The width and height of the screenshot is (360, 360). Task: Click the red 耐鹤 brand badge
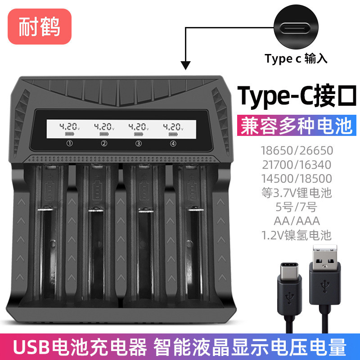39,27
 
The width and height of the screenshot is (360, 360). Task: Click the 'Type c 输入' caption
296,58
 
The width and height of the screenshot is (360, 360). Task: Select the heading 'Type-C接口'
297,95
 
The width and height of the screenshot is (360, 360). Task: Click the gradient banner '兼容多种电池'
297,125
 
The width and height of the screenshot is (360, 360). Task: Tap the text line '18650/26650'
297,150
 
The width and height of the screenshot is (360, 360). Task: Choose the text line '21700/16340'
297,164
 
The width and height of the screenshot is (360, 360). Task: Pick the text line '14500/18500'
297,178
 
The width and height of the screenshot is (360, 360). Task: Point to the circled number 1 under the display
69,144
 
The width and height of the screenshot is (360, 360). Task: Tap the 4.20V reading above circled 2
104,127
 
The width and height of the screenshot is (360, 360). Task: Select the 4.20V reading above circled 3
139,127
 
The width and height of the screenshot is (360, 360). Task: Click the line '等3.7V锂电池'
297,193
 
